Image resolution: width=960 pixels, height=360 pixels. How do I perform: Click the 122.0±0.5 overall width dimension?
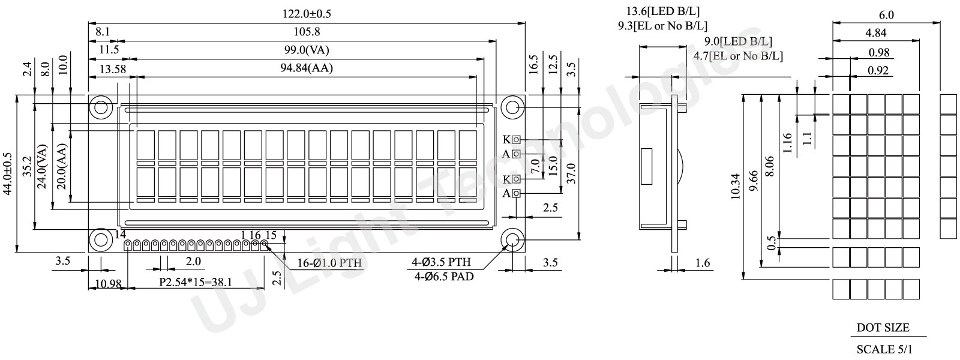pyautogui.click(x=307, y=14)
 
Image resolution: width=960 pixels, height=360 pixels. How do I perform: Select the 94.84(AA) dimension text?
pyautogui.click(x=307, y=68)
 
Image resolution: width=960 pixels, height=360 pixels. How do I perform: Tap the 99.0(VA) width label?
pyautogui.click(x=307, y=50)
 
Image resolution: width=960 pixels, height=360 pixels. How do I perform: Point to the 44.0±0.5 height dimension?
pyautogui.click(x=8, y=173)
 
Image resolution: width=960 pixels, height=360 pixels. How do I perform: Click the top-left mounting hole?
pyautogui.click(x=101, y=107)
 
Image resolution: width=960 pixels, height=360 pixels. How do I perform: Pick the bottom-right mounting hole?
pyautogui.click(x=512, y=239)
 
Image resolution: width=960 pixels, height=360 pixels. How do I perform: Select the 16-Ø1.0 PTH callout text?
pyautogui.click(x=329, y=263)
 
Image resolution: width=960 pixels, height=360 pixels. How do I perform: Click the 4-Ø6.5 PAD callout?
pyautogui.click(x=443, y=277)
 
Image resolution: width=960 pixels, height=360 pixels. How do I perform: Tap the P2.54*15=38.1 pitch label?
pyautogui.click(x=196, y=282)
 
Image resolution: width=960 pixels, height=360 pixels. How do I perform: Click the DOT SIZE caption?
pyautogui.click(x=883, y=328)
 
